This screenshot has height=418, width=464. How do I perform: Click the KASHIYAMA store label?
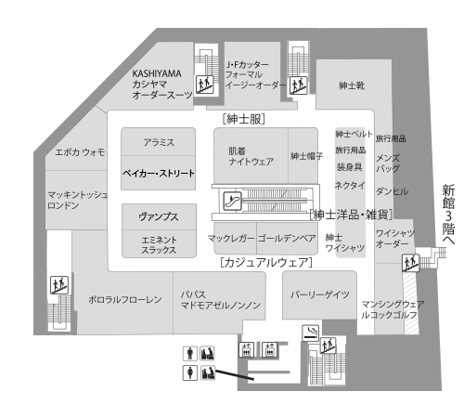(157, 73)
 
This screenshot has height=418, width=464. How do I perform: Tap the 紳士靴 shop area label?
(352, 85)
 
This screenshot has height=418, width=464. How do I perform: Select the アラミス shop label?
(159, 142)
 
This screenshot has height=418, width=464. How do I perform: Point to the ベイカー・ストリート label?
(159, 173)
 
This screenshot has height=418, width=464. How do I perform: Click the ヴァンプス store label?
(159, 216)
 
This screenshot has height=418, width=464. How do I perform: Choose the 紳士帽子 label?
(306, 156)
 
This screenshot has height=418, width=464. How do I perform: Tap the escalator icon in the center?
(232, 201)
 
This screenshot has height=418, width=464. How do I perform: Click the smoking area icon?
(310, 333)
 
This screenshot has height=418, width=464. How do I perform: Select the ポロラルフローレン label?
(125, 299)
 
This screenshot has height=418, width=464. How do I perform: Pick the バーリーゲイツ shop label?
(320, 294)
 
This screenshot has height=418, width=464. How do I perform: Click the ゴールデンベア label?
(287, 238)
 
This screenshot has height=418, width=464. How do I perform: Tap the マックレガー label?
(231, 238)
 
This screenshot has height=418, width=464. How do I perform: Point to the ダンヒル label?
(392, 191)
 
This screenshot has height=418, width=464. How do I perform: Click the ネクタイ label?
(350, 185)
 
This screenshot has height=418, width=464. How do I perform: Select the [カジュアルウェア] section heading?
(266, 262)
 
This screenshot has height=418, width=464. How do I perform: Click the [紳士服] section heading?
(244, 119)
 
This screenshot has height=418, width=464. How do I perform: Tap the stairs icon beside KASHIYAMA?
(205, 84)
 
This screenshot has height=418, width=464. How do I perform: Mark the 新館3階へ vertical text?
(448, 215)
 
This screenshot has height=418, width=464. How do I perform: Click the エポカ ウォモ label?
(80, 152)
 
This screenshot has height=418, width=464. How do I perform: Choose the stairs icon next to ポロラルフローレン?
(59, 285)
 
